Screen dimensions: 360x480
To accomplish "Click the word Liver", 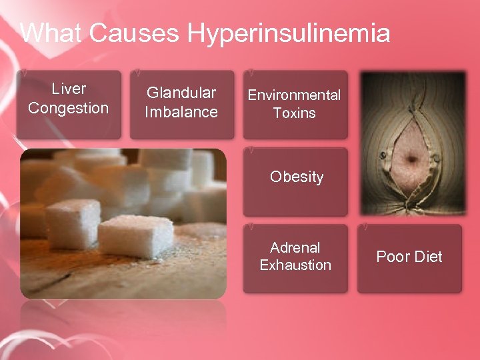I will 69,89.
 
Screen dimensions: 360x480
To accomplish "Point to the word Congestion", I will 69,108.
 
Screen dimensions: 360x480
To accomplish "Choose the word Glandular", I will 181,93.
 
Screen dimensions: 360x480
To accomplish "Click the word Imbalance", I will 181,112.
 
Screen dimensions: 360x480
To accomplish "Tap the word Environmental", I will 294,95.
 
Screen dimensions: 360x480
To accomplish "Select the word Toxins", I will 294,113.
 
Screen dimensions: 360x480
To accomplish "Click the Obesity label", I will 297,177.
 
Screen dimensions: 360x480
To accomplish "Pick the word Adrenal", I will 295,247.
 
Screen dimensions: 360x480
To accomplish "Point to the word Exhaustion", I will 295,265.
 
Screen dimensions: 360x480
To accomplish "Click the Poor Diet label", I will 409,257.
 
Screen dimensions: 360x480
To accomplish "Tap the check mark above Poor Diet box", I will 363,227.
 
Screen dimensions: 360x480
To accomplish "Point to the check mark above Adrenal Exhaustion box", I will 249,227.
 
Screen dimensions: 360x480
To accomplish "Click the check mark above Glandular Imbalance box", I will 137,69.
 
